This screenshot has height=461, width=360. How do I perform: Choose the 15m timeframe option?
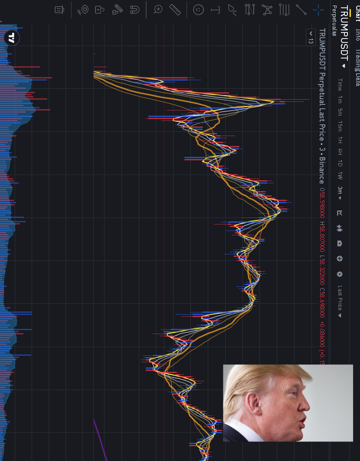point(340,126)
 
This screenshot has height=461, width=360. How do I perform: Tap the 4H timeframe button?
point(340,152)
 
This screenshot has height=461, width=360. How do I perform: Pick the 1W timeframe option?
point(340,176)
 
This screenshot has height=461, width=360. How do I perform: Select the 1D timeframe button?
point(340,164)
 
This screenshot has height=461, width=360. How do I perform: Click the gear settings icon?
point(340,274)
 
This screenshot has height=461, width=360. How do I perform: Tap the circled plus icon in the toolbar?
point(340,259)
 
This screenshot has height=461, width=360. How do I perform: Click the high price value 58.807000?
point(322,237)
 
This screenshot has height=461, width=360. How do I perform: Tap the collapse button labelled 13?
point(311,37)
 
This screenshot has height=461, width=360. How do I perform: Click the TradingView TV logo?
point(12,38)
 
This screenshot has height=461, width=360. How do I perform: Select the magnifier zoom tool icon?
point(158,9)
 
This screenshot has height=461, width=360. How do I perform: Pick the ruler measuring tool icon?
point(175,9)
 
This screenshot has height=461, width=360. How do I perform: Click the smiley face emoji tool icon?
point(198,10)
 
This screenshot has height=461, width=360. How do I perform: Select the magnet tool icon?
point(134,9)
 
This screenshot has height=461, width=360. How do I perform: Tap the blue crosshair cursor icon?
point(318,9)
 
